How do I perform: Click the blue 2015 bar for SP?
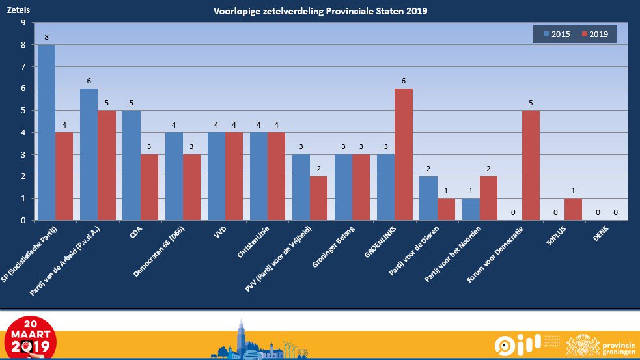(x=46, y=133)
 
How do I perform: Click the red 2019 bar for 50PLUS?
(x=572, y=210)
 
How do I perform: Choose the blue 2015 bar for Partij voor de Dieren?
(x=428, y=199)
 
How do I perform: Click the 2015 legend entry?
(x=555, y=35)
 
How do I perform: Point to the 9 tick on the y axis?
(x=23, y=23)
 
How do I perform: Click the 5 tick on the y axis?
(x=23, y=111)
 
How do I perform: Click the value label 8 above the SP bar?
(x=46, y=38)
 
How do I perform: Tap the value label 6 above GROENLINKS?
(x=404, y=81)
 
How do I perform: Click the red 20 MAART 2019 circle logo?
(x=29, y=337)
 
